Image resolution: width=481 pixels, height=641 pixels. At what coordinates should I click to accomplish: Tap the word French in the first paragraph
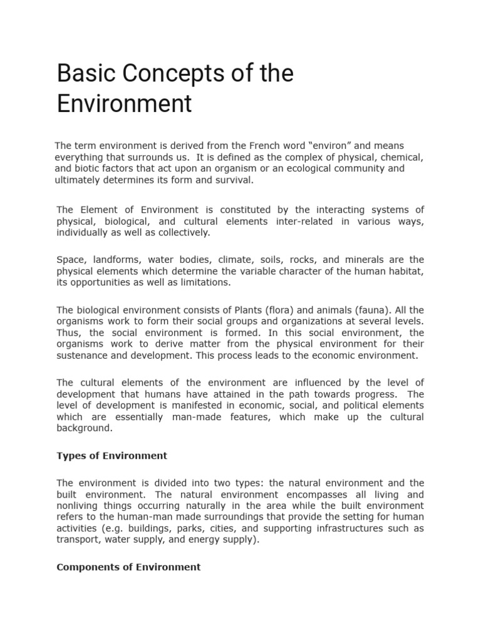coord(282,145)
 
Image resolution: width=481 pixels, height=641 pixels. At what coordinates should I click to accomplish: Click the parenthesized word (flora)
coord(266,309)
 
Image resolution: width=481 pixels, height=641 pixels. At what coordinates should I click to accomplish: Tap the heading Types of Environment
coord(112,456)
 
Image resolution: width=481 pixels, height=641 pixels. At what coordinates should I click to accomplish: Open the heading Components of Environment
coord(128,567)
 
